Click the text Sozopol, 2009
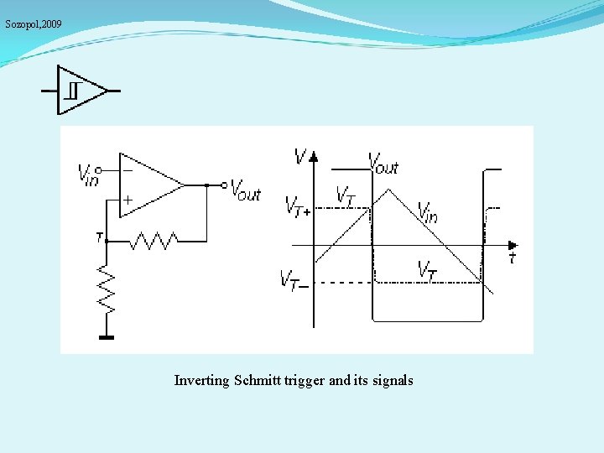(x=33, y=24)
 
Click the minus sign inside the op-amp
(x=128, y=170)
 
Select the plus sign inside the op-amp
(x=128, y=200)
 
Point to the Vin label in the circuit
(x=87, y=174)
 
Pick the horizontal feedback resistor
(x=153, y=241)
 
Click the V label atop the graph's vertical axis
(x=300, y=156)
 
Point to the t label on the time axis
(x=512, y=258)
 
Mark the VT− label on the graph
(x=294, y=279)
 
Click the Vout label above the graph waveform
(x=384, y=164)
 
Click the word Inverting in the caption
(x=202, y=381)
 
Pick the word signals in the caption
(x=393, y=381)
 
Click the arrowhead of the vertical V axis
(x=313, y=156)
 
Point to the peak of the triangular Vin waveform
(x=384, y=189)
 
